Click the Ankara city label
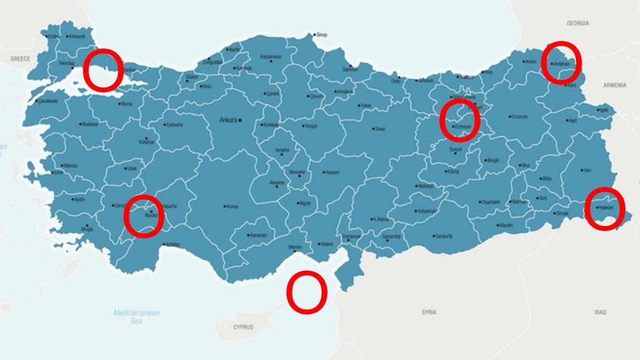[228, 121]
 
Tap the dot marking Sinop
[315, 35]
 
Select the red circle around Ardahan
[561, 62]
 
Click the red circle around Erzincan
[460, 120]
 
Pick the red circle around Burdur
[143, 215]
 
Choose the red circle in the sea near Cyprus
[307, 292]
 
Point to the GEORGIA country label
[578, 23]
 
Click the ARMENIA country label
[615, 85]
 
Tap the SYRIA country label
[428, 312]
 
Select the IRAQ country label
[600, 312]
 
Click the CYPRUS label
[243, 326]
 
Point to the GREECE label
[20, 59]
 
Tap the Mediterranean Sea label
[136, 317]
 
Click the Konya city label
[232, 206]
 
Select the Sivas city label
[380, 129]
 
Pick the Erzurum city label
[519, 116]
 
